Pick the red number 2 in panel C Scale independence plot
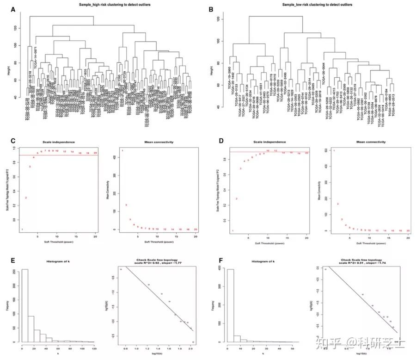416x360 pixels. point(26,198)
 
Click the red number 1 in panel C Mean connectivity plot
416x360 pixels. point(122,151)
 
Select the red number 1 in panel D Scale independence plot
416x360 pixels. point(233,230)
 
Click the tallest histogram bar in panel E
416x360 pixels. point(25,306)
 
